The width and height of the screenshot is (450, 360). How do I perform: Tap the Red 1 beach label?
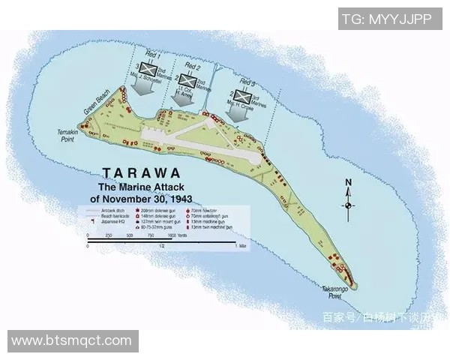(x=153, y=57)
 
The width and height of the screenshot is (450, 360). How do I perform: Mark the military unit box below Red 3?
(x=241, y=95)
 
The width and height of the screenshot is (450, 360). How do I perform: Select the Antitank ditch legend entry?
(x=106, y=210)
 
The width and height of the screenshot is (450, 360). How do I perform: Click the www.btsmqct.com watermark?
(x=72, y=341)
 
